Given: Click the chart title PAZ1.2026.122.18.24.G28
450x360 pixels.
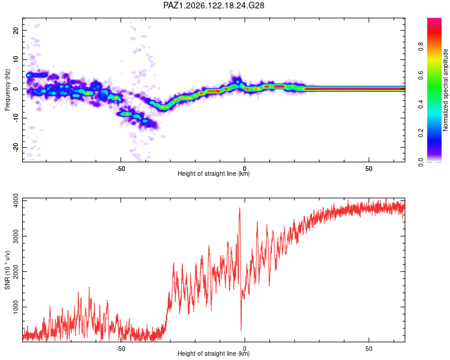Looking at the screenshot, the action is click(x=214, y=5).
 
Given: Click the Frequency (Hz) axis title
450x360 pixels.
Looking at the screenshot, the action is click(x=7, y=90).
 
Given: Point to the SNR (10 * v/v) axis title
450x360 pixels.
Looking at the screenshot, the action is click(x=7, y=270).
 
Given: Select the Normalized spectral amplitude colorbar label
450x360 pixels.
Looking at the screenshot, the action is click(x=445, y=90).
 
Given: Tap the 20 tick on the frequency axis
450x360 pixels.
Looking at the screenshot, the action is click(x=16, y=30).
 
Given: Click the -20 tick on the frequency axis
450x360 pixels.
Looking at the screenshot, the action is click(x=16, y=148).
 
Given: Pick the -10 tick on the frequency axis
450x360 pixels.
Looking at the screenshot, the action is click(x=16, y=118).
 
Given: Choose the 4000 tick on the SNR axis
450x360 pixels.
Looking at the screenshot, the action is click(x=16, y=200).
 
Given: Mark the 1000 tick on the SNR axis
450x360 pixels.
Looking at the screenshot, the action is click(x=16, y=307).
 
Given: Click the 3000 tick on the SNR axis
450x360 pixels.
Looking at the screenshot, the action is click(x=16, y=236).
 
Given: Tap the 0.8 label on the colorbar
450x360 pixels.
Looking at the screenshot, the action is click(x=421, y=46).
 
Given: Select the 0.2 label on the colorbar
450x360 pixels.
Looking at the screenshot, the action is click(x=421, y=133).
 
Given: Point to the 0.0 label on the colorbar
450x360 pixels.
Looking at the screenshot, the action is click(x=421, y=162).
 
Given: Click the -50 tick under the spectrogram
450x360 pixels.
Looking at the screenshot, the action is click(x=121, y=169).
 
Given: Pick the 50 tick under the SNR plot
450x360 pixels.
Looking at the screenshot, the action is click(x=369, y=349).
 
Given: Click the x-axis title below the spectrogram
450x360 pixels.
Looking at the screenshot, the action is click(x=214, y=173).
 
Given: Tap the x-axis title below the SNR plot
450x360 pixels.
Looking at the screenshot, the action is click(x=214, y=353).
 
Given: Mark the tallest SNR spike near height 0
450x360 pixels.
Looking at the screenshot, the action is click(x=239, y=208).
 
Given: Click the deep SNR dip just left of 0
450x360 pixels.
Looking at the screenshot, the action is click(x=241, y=330).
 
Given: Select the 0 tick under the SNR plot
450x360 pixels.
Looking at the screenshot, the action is click(x=245, y=349).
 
